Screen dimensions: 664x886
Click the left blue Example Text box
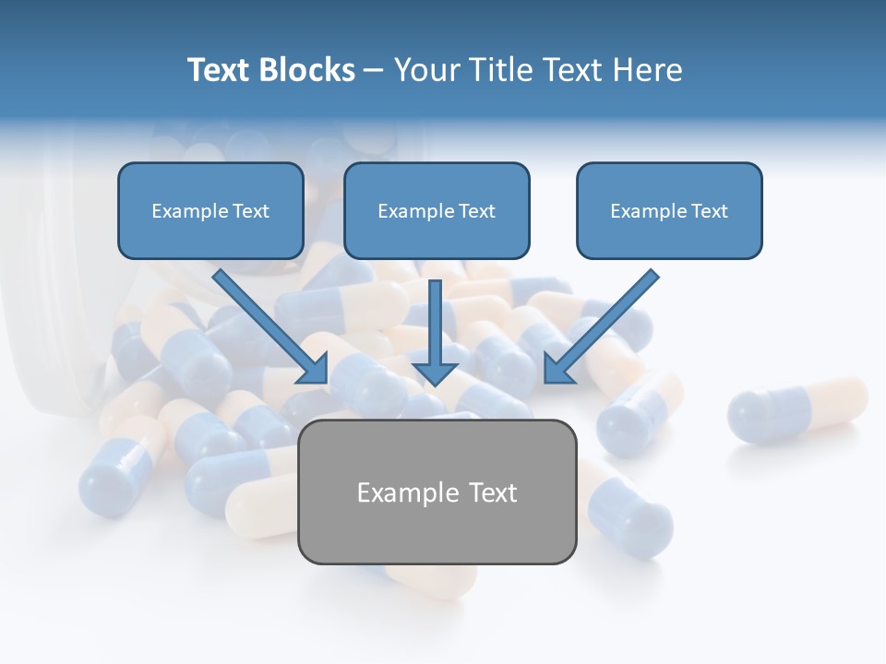(x=210, y=210)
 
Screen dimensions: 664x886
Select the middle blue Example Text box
(x=437, y=210)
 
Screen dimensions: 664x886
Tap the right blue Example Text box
(x=669, y=210)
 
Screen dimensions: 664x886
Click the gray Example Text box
(x=437, y=492)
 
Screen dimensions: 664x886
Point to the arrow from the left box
(x=268, y=323)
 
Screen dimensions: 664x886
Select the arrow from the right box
(x=605, y=323)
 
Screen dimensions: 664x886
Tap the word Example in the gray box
(x=404, y=492)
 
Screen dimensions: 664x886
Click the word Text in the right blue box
(x=709, y=211)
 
